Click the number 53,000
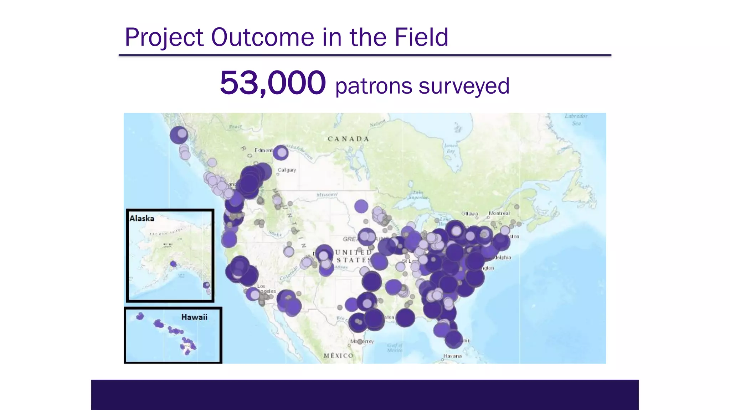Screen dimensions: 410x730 [x=273, y=83]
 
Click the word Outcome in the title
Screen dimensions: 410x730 [x=263, y=37]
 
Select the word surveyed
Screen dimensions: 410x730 [x=464, y=86]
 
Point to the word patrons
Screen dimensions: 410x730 [x=374, y=86]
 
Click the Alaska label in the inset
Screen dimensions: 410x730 [x=142, y=219]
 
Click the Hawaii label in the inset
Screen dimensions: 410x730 [x=194, y=317]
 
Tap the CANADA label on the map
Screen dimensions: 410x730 [x=348, y=139]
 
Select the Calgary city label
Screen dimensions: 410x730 [x=287, y=170]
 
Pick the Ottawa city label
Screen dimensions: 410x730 [x=469, y=214]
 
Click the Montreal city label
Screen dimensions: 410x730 [x=499, y=213]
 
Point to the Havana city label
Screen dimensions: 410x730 [x=452, y=356]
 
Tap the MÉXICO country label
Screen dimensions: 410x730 [x=338, y=356]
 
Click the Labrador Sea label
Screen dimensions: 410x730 [x=576, y=120]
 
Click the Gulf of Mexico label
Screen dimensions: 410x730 [x=395, y=348]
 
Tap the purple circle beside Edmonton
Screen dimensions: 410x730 [x=281, y=153]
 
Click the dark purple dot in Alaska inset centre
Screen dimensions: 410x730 [x=173, y=264]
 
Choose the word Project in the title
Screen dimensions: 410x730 [x=164, y=37]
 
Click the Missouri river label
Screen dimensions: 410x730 [x=327, y=195]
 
